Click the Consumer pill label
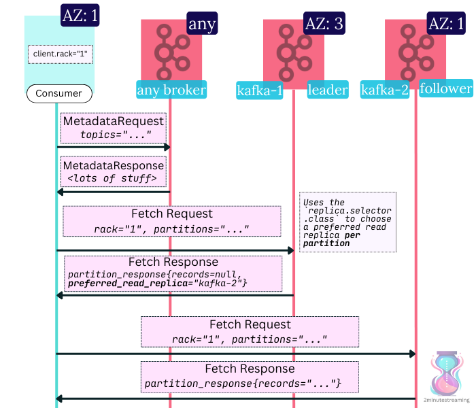(58, 94)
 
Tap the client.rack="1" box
(60, 54)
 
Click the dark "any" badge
(202, 25)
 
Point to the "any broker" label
(171, 90)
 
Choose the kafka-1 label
(259, 90)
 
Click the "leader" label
(328, 90)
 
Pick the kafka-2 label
(385, 90)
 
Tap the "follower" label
(445, 88)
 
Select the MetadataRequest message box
(114, 127)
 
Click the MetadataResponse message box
(114, 172)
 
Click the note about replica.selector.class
(347, 222)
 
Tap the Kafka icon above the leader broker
(294, 50)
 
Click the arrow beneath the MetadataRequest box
(114, 147)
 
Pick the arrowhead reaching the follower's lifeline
(411, 354)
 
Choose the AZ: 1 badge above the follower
(446, 23)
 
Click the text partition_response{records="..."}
(242, 384)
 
